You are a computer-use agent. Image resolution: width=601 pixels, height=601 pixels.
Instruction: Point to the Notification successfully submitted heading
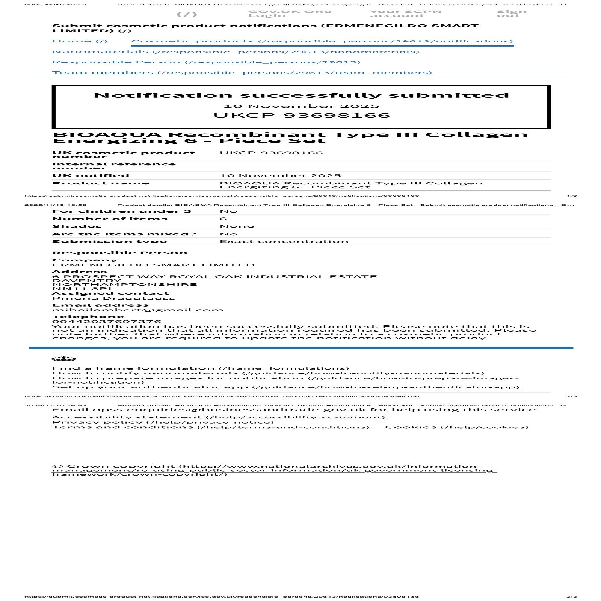tap(301, 95)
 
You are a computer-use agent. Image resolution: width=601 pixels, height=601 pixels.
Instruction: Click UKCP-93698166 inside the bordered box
tap(301, 115)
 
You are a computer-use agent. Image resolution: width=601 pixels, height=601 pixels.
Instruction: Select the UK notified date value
tap(280, 175)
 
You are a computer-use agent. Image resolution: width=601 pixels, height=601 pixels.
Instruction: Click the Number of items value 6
tap(223, 219)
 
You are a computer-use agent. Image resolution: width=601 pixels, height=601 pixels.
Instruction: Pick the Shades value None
tap(237, 226)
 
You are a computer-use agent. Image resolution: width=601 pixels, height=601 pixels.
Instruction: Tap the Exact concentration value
tap(284, 241)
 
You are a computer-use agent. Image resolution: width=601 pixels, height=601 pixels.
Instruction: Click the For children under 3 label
tap(122, 211)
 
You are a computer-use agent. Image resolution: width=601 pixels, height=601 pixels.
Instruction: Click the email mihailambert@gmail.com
tap(138, 310)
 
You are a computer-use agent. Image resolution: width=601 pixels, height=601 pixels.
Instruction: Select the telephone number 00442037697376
tap(107, 322)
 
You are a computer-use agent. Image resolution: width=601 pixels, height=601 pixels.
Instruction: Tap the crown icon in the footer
tap(63, 358)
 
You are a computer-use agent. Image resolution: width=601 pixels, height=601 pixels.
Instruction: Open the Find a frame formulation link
tap(201, 368)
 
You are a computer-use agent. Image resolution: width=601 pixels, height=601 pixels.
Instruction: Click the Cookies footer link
tap(456, 427)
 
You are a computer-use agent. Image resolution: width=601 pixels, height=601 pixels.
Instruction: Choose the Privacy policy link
tap(163, 422)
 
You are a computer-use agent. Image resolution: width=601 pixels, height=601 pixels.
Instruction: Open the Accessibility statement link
tap(218, 417)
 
